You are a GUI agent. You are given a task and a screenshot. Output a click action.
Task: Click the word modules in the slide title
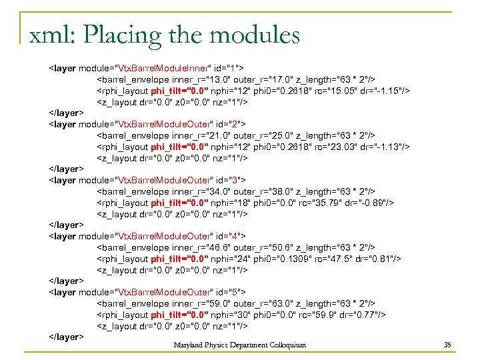point(255,34)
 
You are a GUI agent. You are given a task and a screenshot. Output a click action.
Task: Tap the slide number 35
point(447,345)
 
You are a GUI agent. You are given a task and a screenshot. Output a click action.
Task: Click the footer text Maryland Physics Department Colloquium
point(240,345)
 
